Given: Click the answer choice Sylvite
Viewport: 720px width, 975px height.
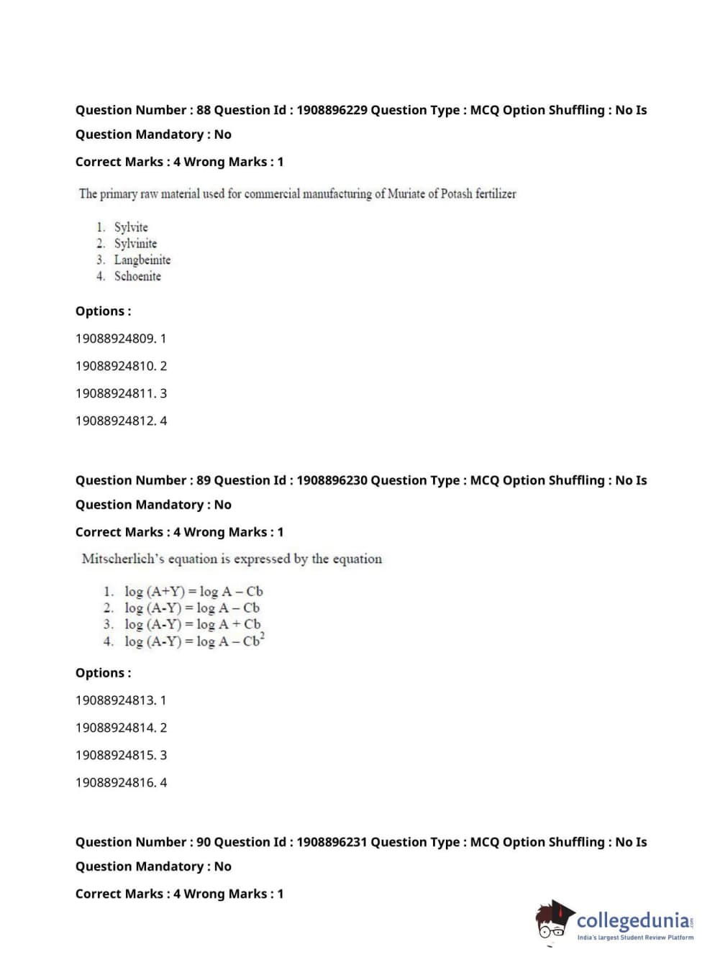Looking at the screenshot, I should point(131,227).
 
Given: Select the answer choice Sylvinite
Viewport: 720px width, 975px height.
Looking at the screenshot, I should point(135,244).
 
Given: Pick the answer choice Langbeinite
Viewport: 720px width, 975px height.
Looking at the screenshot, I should point(142,260).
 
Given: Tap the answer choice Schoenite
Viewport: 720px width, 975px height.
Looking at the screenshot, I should point(137,276).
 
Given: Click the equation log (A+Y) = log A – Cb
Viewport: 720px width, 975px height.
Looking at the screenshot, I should point(193,592).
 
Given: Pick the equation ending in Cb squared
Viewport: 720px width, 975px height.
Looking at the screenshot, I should point(194,641).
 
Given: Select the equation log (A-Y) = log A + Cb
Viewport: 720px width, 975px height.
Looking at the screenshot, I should point(193,624).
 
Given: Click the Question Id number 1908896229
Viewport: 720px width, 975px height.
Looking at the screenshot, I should point(332,110).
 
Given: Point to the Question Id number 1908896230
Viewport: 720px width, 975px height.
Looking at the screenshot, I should point(332,480).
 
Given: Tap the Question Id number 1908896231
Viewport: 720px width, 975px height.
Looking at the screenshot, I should point(332,842).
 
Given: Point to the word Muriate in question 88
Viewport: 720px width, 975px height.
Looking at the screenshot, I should point(406,193).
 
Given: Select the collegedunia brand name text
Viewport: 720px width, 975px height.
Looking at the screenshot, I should point(633,920).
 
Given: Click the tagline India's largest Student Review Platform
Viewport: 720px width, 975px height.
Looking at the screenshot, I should point(635,938).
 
